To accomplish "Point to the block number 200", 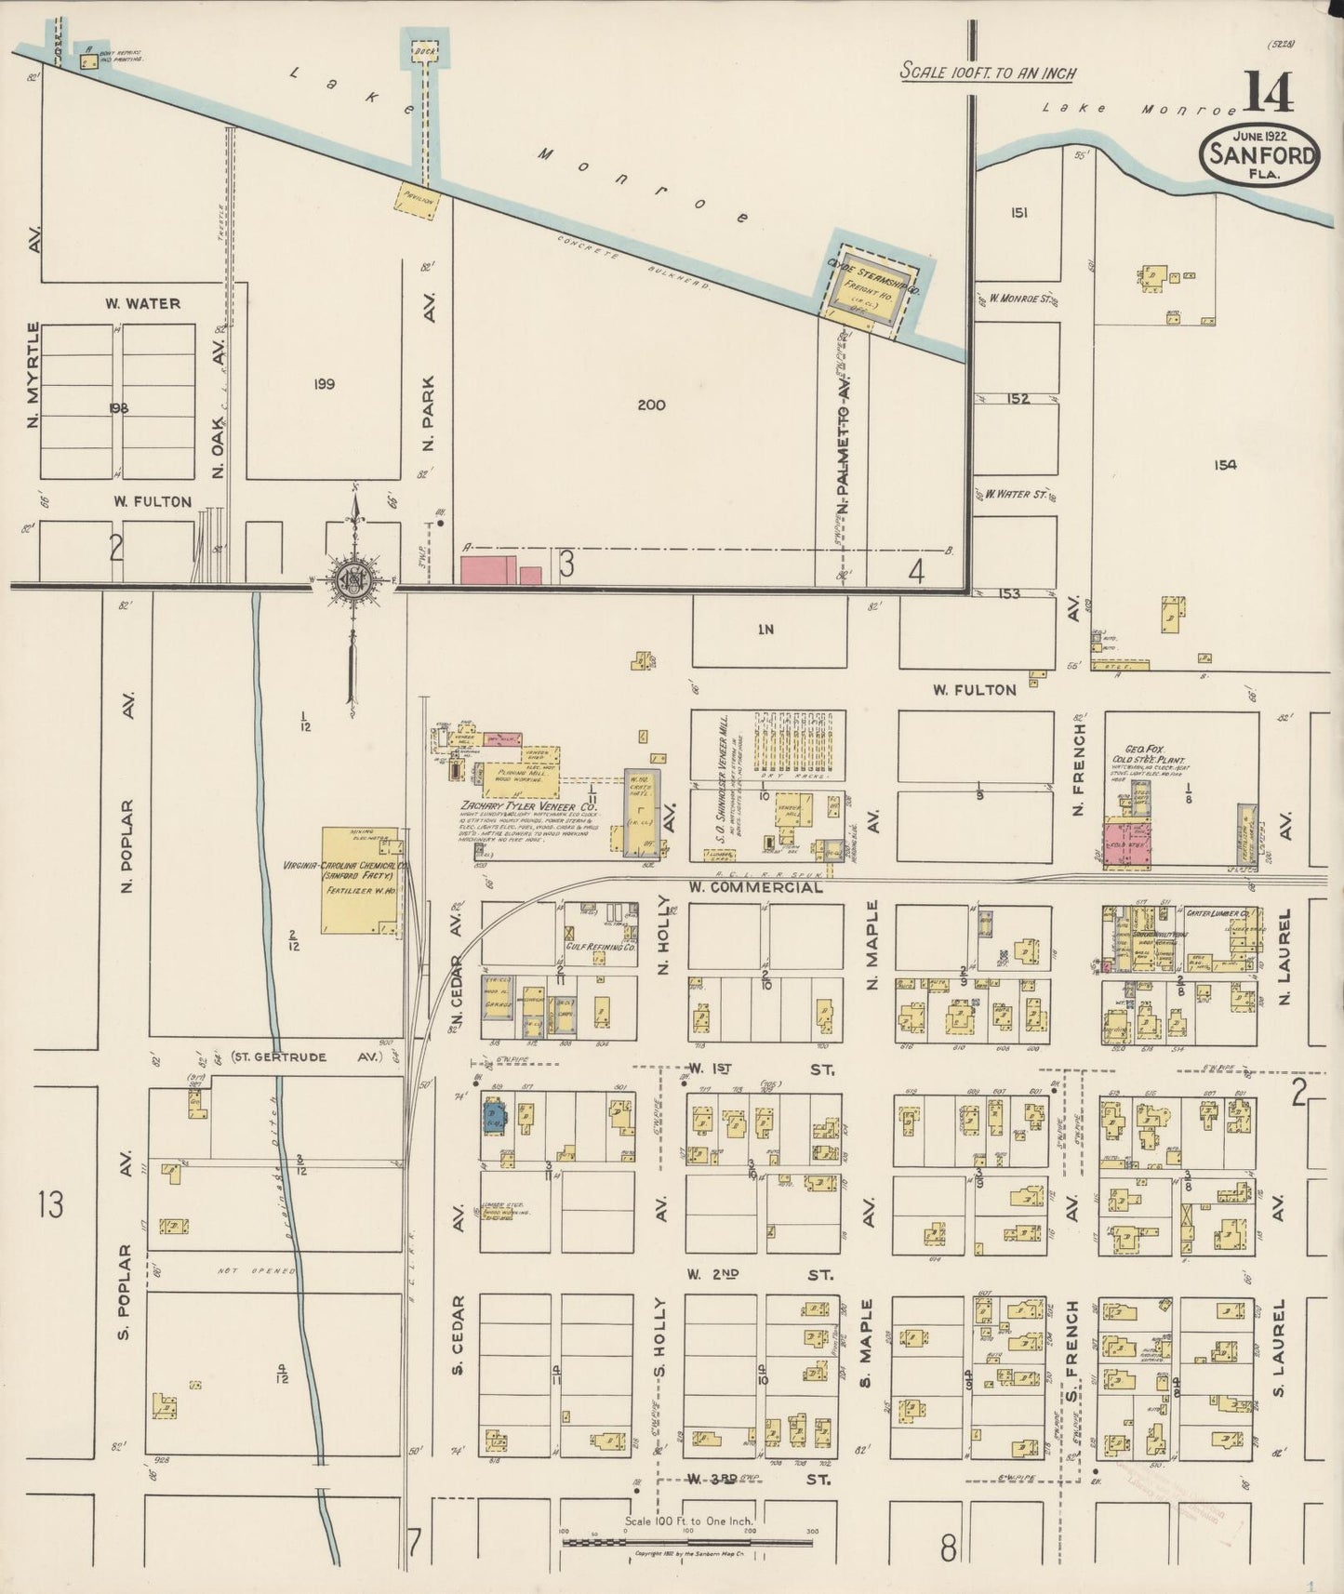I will point(652,405).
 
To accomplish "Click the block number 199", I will point(324,383).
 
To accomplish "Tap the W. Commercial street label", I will point(755,887).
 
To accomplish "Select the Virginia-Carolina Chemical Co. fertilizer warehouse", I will point(360,879).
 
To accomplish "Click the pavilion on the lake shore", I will point(417,199).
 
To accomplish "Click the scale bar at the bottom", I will point(687,1542).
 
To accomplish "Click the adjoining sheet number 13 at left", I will point(50,1205).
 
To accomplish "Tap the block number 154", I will point(1225,465).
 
